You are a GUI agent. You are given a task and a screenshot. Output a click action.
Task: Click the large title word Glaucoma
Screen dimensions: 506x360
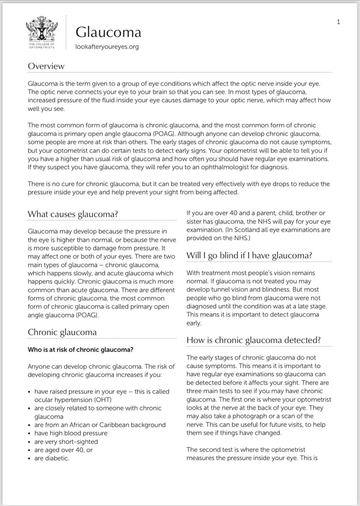tap(108, 32)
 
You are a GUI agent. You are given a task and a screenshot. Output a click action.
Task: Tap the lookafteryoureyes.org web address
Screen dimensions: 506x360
tap(107, 47)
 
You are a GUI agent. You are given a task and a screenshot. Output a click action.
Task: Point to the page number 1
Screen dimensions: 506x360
tap(339, 22)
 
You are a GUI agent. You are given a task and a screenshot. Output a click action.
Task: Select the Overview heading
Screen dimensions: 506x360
tap(46, 66)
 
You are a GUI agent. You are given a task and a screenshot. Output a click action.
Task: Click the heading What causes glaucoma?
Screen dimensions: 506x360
tap(73, 214)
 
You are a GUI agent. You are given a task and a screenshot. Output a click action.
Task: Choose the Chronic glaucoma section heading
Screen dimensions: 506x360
tap(62, 332)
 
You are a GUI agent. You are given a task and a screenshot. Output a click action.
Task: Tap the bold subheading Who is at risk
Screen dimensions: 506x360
tap(81, 349)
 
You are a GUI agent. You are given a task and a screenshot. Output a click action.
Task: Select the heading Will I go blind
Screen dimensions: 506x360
tap(249, 256)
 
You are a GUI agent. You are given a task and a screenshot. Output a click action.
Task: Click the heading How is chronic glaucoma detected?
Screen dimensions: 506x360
tap(253, 340)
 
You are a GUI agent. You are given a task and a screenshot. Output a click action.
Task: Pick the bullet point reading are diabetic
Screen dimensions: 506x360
tap(52, 458)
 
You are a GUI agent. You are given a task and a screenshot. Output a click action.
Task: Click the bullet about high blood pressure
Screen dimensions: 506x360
tap(71, 433)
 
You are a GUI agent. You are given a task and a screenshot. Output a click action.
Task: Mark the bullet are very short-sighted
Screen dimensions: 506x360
tap(66, 441)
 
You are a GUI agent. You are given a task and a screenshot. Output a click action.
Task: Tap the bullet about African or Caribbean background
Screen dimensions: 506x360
tap(100, 425)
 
